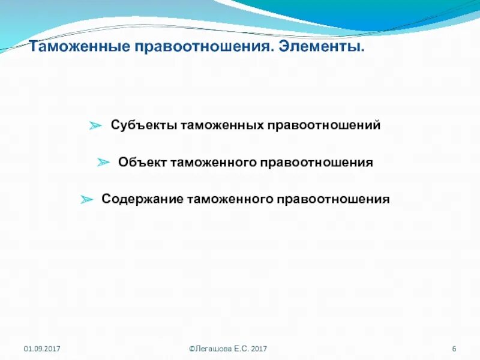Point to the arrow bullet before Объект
tap(104, 163)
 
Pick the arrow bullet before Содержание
tap(87, 199)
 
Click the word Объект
tap(143, 163)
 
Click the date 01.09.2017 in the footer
tap(42, 349)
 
